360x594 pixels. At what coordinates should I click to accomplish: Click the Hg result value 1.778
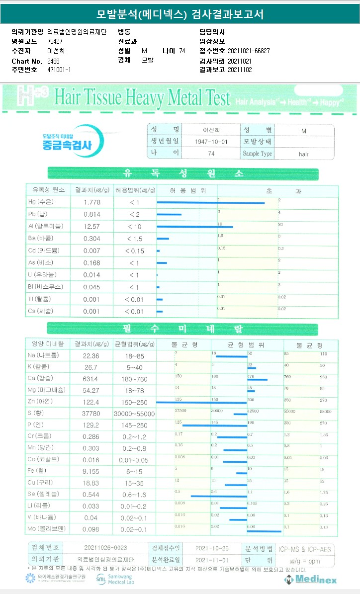92,202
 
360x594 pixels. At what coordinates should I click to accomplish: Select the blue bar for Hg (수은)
211,203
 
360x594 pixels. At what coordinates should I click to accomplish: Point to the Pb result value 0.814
92,214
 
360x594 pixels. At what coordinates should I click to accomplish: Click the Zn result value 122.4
92,401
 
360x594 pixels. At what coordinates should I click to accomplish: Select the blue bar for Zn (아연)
201,402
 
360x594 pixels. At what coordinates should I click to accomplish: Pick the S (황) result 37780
92,414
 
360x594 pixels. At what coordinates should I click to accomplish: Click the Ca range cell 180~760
135,379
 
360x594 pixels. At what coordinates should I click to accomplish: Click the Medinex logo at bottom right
310,580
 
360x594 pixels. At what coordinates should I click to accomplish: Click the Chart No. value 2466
53,61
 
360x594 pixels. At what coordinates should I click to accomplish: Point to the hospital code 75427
55,41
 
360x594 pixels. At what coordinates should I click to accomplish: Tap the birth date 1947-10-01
212,141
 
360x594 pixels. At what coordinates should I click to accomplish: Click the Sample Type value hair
304,154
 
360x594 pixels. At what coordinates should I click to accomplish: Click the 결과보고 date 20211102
240,70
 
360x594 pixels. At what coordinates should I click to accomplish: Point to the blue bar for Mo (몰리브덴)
264,531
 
